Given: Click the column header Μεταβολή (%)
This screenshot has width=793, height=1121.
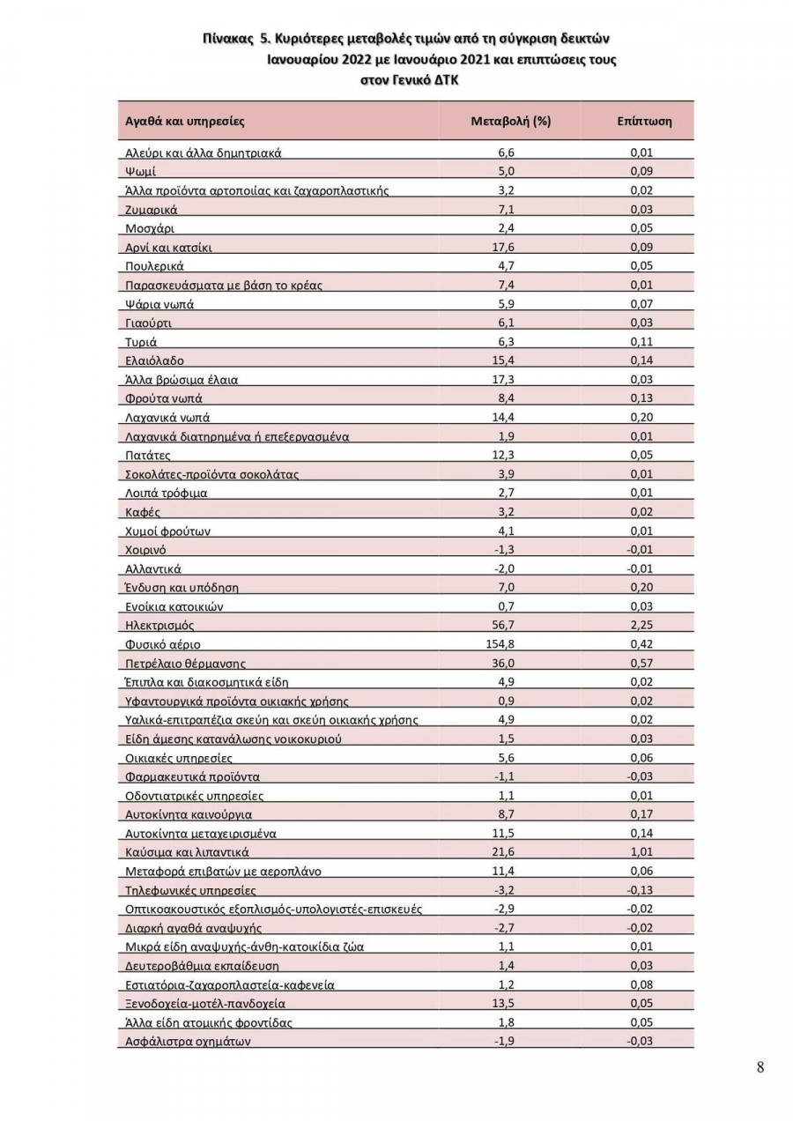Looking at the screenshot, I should pyautogui.click(x=511, y=121).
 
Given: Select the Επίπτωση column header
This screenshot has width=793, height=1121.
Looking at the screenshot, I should pyautogui.click(x=644, y=121).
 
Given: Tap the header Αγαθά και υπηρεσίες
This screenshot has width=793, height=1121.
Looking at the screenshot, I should pyautogui.click(x=185, y=121).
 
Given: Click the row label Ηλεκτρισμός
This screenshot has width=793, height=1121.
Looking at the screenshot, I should pyautogui.click(x=160, y=625).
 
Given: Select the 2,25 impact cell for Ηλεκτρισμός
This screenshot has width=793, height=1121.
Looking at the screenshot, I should pyautogui.click(x=641, y=625).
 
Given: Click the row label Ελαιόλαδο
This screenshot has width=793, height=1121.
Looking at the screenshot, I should pyautogui.click(x=155, y=360).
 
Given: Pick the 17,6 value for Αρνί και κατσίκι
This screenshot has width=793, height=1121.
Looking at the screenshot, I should pyautogui.click(x=506, y=247).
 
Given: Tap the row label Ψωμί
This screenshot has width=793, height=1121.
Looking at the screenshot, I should pyautogui.click(x=141, y=171).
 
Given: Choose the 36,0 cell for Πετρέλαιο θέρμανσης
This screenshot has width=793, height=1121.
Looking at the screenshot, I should pyautogui.click(x=506, y=663).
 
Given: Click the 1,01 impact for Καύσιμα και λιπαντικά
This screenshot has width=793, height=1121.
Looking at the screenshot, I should pyautogui.click(x=641, y=852).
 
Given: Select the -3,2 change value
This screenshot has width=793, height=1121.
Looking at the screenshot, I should pyautogui.click(x=506, y=890).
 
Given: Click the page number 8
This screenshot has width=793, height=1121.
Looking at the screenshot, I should pyautogui.click(x=760, y=1067).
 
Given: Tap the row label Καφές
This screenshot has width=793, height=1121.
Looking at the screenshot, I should pyautogui.click(x=143, y=512).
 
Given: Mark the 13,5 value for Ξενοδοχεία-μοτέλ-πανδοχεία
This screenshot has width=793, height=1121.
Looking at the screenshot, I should pyautogui.click(x=506, y=1003).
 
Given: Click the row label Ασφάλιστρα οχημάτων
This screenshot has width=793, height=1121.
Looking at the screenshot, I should pyautogui.click(x=189, y=1042).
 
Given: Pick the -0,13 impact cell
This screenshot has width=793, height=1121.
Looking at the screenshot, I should pyautogui.click(x=641, y=890).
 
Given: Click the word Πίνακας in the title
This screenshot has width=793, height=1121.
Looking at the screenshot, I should pyautogui.click(x=226, y=40).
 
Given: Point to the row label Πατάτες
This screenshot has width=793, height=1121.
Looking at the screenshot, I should pyautogui.click(x=148, y=455).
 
